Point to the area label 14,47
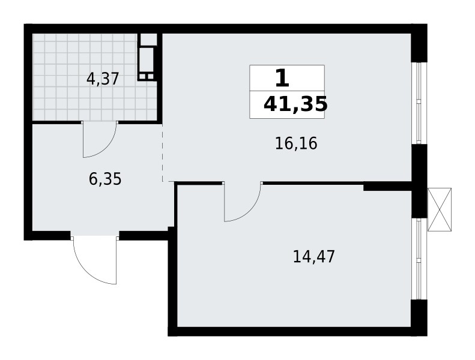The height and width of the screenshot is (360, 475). pos(313,257)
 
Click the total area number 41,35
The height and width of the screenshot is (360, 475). pos(295,104)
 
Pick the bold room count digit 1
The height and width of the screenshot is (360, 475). pos(282,79)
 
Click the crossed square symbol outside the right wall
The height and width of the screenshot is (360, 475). pos(439,209)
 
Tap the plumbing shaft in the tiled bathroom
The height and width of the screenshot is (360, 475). pos(148,58)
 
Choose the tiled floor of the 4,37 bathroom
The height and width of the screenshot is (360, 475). pos(66,96)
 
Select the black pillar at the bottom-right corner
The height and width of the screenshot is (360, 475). pos(419,315)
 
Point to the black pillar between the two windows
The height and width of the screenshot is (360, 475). pos(419,180)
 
